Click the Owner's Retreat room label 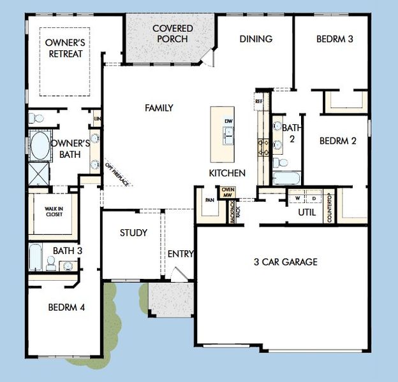pyautogui.click(x=65, y=48)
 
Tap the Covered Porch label pyautogui.click(x=170, y=34)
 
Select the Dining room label pyautogui.click(x=256, y=39)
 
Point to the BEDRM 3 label pyautogui.click(x=334, y=39)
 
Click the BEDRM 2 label pyautogui.click(x=337, y=141)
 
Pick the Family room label pyautogui.click(x=159, y=108)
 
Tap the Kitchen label pyautogui.click(x=227, y=173)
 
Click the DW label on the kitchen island pyautogui.click(x=228, y=121)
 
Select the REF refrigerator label pyautogui.click(x=259, y=101)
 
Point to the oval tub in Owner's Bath pyautogui.click(x=40, y=147)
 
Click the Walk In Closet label pyautogui.click(x=53, y=212)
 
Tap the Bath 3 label pyautogui.click(x=68, y=251)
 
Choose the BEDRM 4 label pyautogui.click(x=66, y=308)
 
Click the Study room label pyautogui.click(x=133, y=233)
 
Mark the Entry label pyautogui.click(x=181, y=254)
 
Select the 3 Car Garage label pyautogui.click(x=285, y=262)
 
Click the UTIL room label pyautogui.click(x=307, y=212)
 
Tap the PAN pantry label pyautogui.click(x=209, y=199)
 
